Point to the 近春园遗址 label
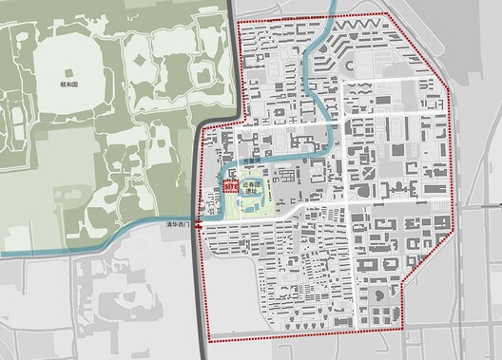[250, 187]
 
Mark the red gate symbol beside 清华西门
[197, 226]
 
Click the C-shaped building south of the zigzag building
[350, 67]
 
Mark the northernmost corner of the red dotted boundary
[385, 12]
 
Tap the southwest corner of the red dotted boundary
[207, 339]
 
